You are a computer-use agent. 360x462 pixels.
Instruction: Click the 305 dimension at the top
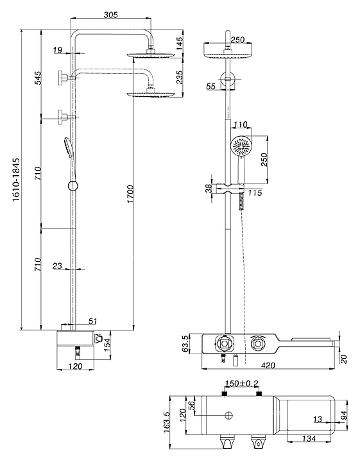(x=111, y=14)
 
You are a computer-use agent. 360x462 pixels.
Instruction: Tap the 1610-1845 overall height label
(x=16, y=180)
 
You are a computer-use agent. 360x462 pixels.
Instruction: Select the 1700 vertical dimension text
(x=130, y=194)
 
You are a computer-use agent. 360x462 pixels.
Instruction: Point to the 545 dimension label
(x=39, y=78)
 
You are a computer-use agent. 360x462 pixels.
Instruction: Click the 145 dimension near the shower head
(x=180, y=43)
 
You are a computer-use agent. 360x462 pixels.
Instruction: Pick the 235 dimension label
(x=180, y=77)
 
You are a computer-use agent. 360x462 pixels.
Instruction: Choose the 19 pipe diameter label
(x=58, y=50)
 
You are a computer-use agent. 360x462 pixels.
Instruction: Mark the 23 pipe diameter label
(x=58, y=266)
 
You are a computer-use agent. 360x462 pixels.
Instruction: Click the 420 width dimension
(x=268, y=366)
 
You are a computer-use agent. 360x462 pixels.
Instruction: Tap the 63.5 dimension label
(x=185, y=343)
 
